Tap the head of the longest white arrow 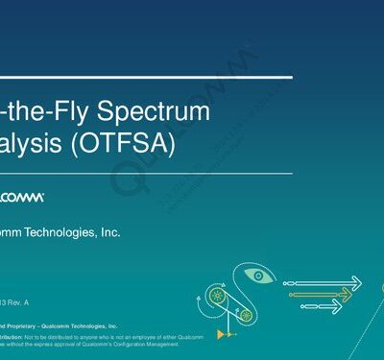pos(356,282)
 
